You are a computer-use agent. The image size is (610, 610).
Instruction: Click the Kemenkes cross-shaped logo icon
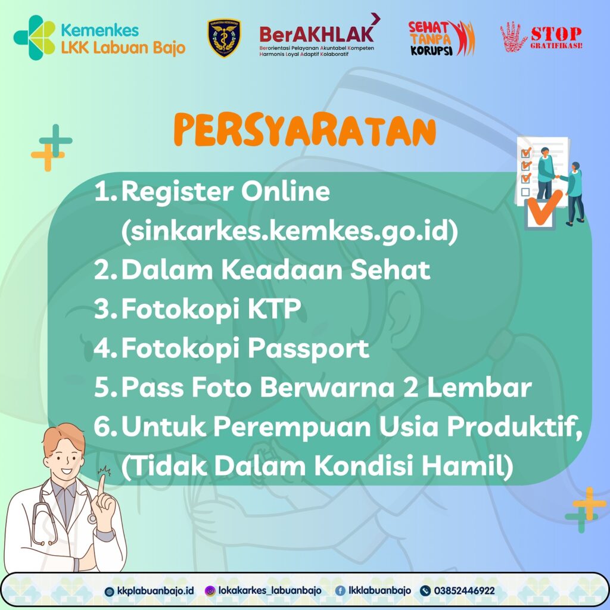35,38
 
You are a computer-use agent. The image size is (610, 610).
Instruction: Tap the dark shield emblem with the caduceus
224,38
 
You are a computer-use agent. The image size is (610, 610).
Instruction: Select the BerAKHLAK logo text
317,35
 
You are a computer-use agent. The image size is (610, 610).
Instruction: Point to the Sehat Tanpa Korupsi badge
441,38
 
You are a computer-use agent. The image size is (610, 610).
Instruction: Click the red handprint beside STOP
513,37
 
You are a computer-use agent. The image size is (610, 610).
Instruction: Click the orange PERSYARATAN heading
304,130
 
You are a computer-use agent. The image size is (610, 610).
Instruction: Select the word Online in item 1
285,191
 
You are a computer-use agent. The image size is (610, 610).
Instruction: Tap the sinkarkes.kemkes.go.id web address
290,231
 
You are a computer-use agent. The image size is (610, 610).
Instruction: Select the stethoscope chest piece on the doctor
92,519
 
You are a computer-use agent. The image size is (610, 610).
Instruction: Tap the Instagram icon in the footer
210,591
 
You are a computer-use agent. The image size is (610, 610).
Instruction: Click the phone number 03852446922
464,590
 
